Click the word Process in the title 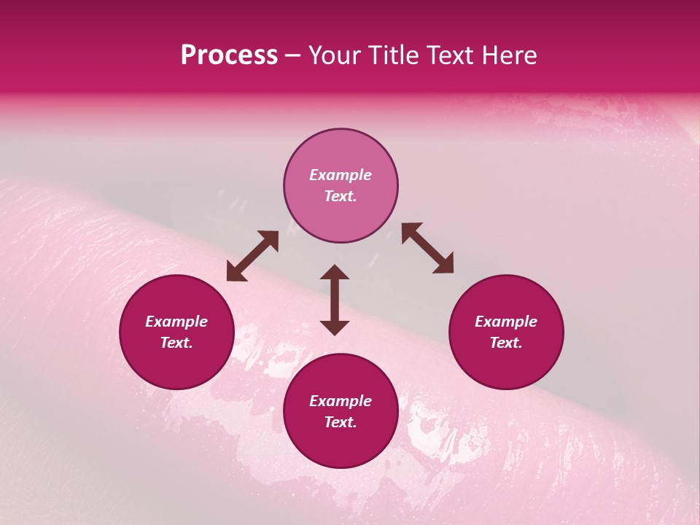tap(229, 55)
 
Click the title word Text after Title tap(454, 55)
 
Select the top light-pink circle tap(341, 185)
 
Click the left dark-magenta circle tap(176, 332)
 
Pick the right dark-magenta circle tap(506, 332)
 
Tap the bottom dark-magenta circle tap(341, 411)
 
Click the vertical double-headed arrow tap(335, 300)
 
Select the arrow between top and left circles tap(252, 256)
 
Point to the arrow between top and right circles tap(427, 248)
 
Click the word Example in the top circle tap(341, 175)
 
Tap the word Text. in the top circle tap(341, 196)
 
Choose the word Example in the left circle tap(176, 322)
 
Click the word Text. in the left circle tap(176, 343)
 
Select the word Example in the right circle tap(506, 322)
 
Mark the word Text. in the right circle tap(506, 343)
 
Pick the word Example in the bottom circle tap(341, 401)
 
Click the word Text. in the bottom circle tap(341, 422)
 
